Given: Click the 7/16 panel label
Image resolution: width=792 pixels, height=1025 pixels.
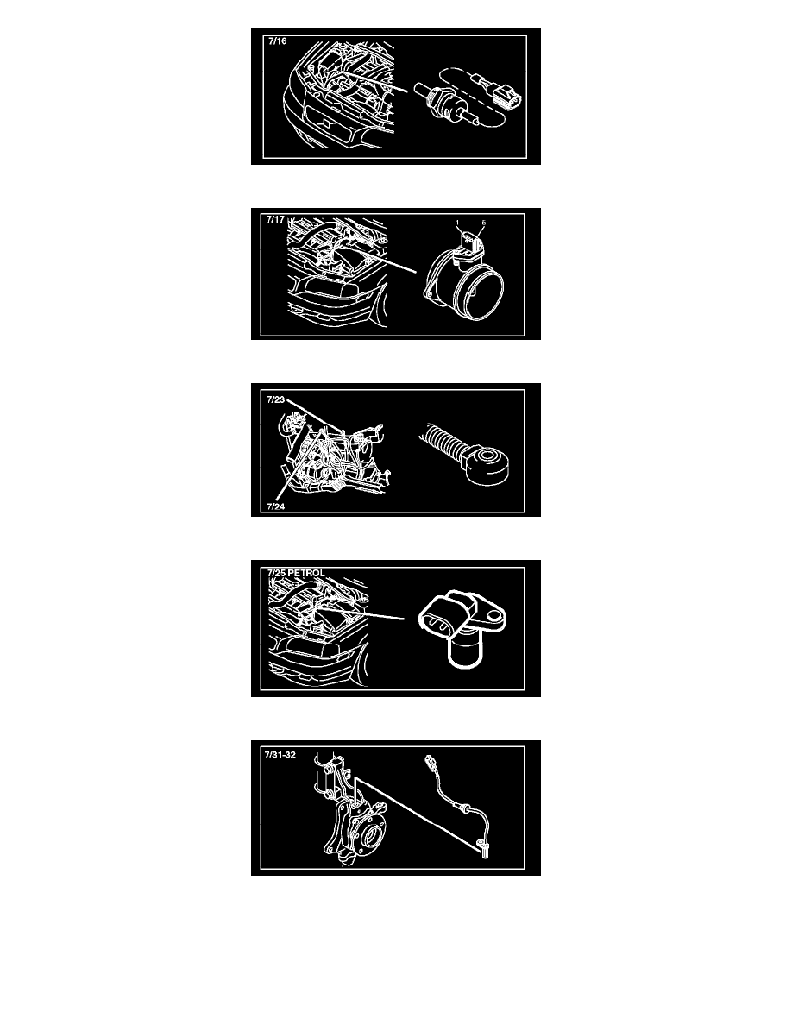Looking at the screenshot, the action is coord(278,41).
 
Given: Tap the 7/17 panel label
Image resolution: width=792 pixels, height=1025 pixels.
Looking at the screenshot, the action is coord(275,220).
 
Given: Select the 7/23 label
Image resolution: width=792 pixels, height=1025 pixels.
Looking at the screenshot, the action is coord(276,399).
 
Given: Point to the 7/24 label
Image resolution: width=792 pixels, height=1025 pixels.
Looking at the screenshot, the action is coord(276,506).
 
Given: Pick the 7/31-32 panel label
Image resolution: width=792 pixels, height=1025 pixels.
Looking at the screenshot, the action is coord(280,754).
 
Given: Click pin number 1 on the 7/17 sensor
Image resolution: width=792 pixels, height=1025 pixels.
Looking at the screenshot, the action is coord(457,223).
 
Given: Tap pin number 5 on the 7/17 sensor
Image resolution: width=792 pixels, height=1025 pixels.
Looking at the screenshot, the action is coord(483,223).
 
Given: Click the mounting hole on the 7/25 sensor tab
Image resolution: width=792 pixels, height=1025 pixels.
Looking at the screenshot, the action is coord(495,614).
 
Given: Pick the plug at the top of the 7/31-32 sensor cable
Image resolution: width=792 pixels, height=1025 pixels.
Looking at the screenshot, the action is coord(431,762).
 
